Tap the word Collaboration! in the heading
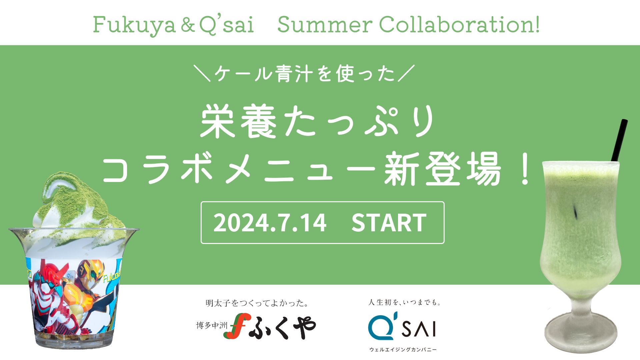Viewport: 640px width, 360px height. coord(460,24)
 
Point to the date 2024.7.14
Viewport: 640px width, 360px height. coord(270,223)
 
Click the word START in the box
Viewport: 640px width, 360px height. coord(389,223)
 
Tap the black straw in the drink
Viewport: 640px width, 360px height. coord(619,140)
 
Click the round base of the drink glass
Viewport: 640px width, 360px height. coord(580,333)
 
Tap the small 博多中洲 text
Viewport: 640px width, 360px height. coord(212,325)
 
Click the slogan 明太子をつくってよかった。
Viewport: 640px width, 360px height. coord(257,303)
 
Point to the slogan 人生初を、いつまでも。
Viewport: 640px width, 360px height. coord(404,302)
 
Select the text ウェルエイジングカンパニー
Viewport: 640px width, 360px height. coord(403,349)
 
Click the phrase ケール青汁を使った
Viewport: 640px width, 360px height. coord(304,73)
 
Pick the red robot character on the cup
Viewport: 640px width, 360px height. coord(52,293)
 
